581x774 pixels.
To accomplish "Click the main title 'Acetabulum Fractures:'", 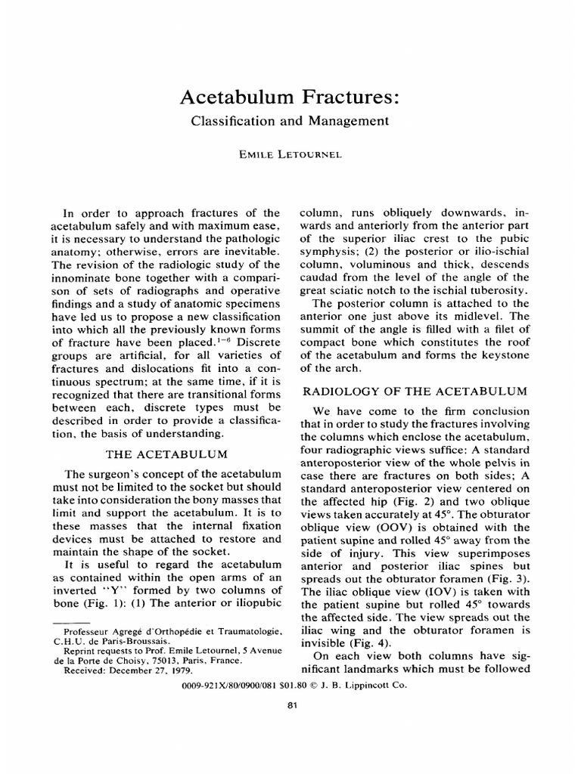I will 290,97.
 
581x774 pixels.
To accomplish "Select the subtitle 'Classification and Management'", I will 290,120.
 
